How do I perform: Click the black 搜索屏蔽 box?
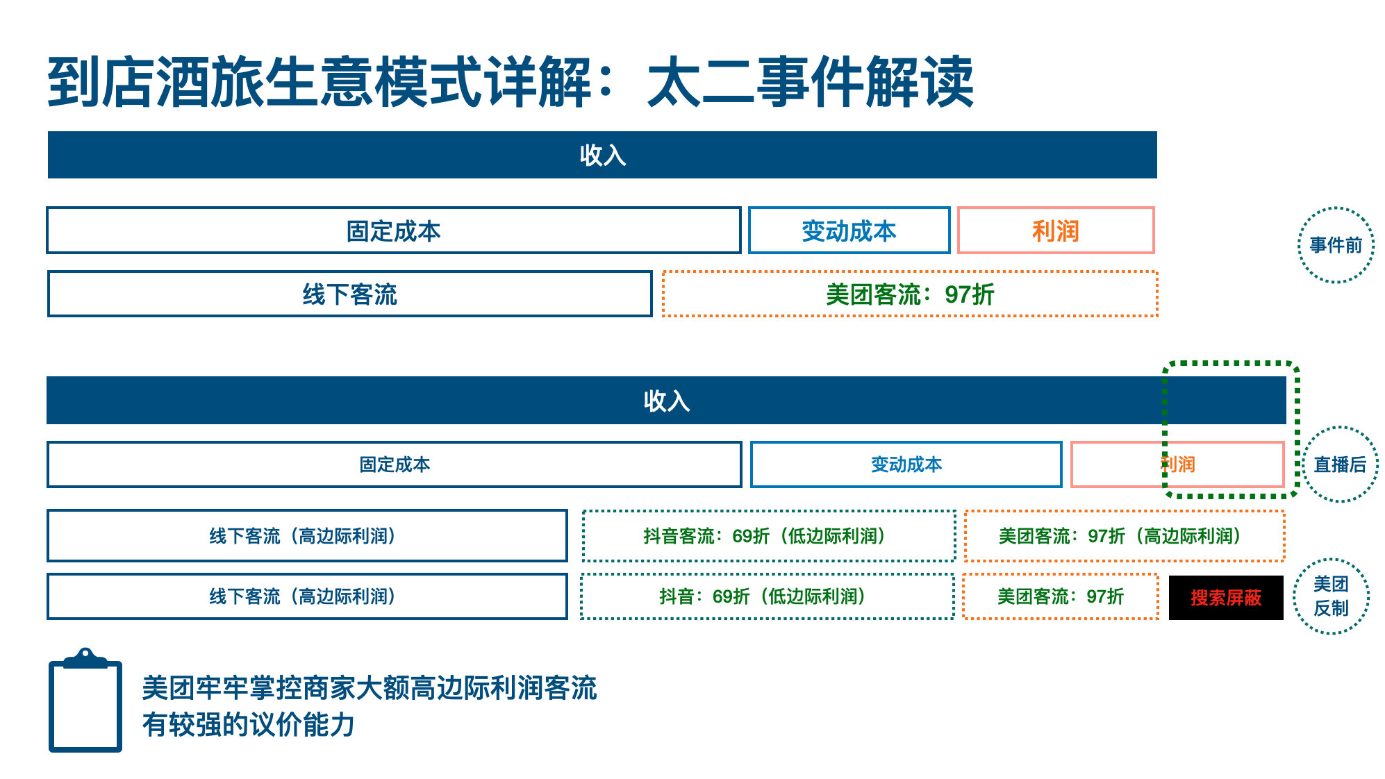coord(1226,597)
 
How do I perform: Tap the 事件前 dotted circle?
coord(1336,208)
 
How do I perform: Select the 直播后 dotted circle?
coord(1340,428)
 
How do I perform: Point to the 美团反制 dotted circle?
coord(1331,560)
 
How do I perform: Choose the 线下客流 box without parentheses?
coord(349,294)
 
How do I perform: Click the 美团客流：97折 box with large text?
coord(910,294)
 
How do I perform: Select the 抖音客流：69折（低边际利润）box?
coord(769,535)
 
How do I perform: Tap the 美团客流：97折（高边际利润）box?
coord(1125,535)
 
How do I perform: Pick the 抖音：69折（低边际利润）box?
coord(768,596)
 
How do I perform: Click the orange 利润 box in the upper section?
coord(1056,230)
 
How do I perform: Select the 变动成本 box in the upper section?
coord(849,230)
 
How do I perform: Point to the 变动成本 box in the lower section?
coord(906,464)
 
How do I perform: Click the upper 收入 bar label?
coord(603,155)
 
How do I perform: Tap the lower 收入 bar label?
coord(667,401)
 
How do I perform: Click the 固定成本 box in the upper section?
coord(394,230)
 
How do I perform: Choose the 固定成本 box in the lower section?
coord(395,464)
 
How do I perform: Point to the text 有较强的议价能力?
coord(249,724)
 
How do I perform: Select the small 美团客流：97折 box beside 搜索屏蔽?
coord(1061,596)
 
